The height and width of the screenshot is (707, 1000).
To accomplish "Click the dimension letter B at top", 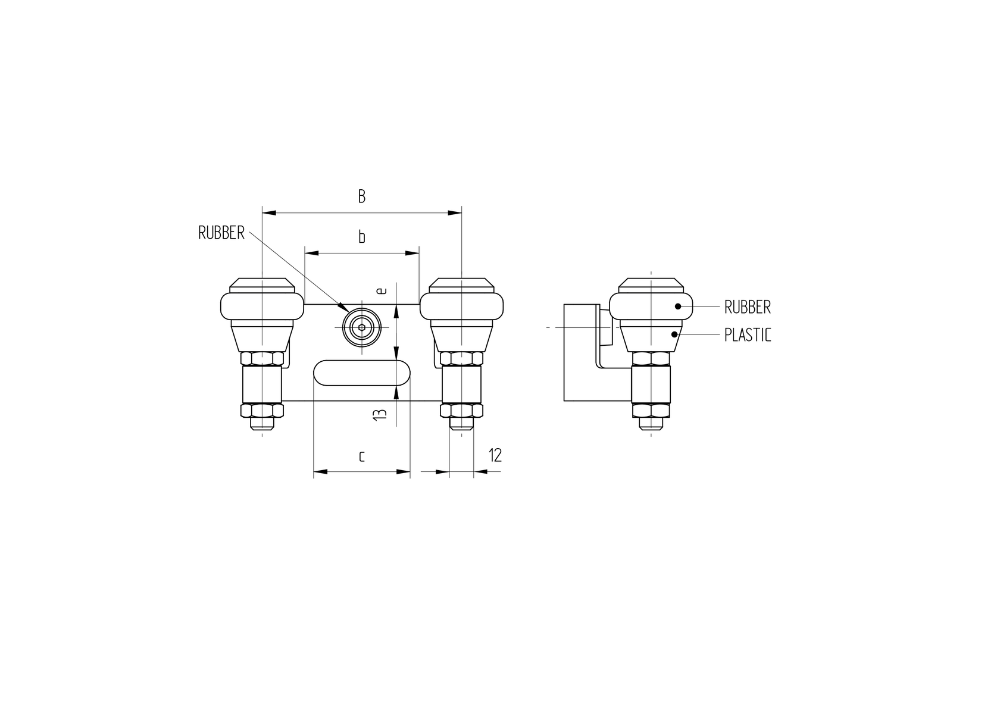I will coord(361,197).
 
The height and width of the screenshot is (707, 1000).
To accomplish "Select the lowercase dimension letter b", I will coord(361,237).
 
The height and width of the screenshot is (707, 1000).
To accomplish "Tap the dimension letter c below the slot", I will coord(361,456).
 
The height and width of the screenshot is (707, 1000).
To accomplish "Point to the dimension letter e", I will coord(382,290).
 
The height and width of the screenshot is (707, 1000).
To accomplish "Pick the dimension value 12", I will coord(495,455).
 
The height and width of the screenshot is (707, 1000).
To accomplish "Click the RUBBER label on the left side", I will coord(221,233).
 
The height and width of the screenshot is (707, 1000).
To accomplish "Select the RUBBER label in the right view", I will coord(748,307).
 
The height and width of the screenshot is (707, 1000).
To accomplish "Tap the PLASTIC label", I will coord(748,335).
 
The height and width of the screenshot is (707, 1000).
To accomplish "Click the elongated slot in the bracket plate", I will coord(361,373).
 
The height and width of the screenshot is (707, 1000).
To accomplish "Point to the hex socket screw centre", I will coord(361,327).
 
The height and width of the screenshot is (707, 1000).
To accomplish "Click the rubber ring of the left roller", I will coord(262,306).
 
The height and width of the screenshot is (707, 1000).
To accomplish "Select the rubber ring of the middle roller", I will coord(461,306).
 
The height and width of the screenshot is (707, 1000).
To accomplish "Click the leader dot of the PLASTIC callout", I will coord(674,334).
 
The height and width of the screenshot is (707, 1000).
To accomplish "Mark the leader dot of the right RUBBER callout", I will coord(677,306).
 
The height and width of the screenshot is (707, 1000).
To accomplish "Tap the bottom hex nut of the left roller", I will coord(262,411).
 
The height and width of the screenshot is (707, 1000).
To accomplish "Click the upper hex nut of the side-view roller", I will coord(651,358).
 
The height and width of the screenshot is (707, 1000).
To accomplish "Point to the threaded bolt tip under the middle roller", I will coord(461,424).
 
